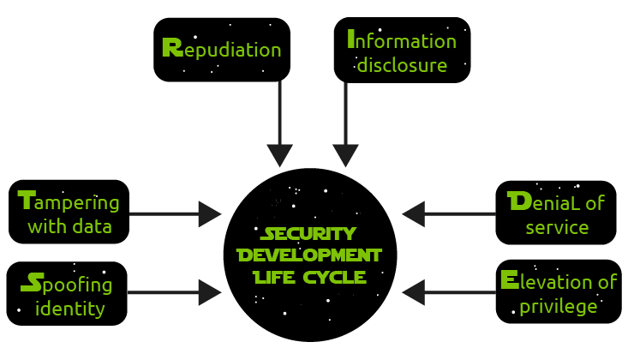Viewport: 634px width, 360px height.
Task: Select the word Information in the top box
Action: tap(401, 40)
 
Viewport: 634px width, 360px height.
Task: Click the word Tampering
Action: tap(69, 203)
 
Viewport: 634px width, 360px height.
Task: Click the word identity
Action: tap(70, 307)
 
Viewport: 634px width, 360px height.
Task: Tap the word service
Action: tap(556, 227)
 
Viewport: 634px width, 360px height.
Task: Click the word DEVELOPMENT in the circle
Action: tap(308, 255)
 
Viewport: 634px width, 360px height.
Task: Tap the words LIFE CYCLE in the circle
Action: tap(308, 277)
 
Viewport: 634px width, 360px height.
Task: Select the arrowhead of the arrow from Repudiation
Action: tap(280, 155)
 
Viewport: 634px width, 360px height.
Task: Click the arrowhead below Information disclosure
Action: tap(345, 155)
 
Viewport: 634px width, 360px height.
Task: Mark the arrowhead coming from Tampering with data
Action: tap(210, 214)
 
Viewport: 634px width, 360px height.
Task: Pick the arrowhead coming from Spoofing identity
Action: tap(210, 292)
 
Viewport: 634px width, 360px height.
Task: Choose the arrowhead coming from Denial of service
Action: tap(414, 214)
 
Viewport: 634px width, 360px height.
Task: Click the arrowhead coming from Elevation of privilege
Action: tap(414, 292)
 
